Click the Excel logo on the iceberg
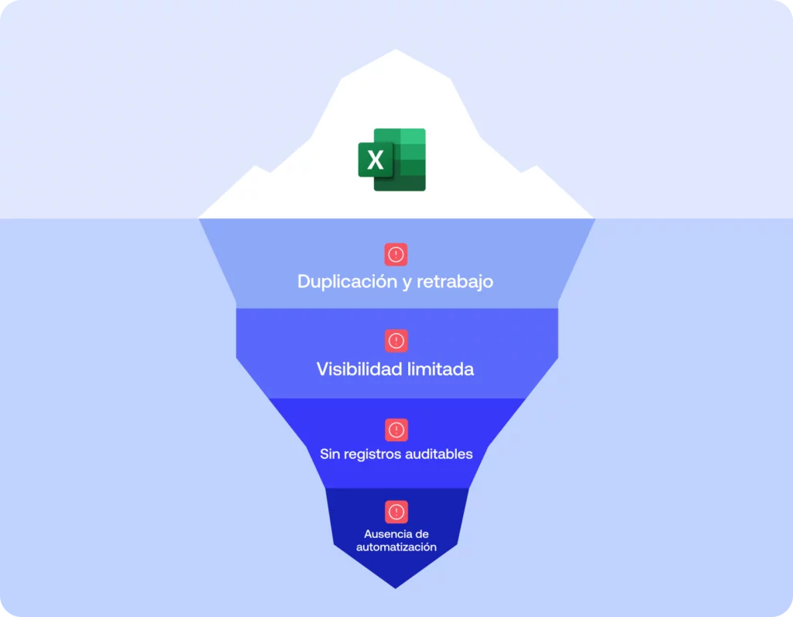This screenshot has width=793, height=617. coord(392,159)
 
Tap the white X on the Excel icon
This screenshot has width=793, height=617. coord(376,160)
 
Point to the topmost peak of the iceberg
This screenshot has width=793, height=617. coord(396,51)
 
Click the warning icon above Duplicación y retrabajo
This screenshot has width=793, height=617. coord(396,254)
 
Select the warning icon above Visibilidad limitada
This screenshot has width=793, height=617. coord(396,340)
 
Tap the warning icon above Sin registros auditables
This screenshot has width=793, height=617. coord(396,430)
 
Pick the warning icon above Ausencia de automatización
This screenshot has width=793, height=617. coord(396,512)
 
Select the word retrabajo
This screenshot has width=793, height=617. coord(455,281)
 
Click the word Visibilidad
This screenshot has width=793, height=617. coord(359,369)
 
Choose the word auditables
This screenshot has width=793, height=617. coord(438,454)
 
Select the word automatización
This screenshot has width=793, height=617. coord(396,547)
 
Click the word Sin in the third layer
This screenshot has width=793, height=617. coord(329,454)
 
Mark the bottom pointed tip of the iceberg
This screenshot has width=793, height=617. coord(396,587)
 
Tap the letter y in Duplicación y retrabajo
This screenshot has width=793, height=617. coord(407,283)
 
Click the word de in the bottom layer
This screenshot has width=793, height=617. coord(421,534)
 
